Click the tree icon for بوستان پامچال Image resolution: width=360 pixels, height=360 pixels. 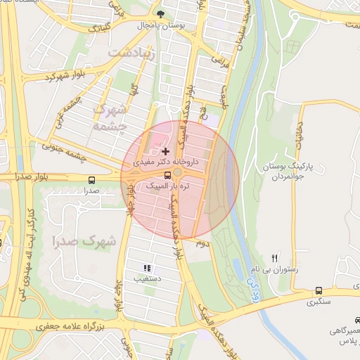point(161,13)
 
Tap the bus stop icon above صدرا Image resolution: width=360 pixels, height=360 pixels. point(91,179)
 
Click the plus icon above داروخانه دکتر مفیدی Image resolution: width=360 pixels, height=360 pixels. point(165,150)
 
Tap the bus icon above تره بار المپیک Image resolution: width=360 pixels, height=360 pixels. point(167,175)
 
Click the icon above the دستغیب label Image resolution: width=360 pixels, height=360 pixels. point(147,268)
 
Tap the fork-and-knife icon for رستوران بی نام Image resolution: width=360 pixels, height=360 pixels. point(275,258)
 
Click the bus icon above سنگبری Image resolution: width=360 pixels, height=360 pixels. point(319,290)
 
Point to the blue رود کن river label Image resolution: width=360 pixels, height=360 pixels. point(251,285)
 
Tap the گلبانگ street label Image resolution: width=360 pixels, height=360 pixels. point(98,28)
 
